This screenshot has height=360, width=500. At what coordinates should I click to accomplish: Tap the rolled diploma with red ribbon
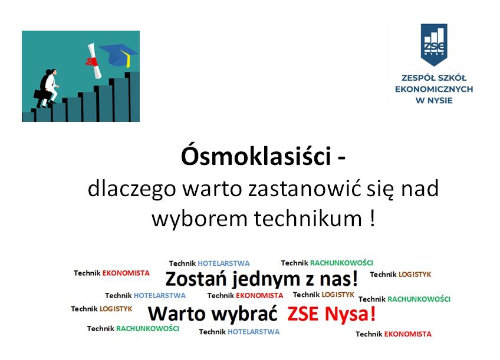tap(93, 61)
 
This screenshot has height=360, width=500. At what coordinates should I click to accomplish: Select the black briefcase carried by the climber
tap(42, 94)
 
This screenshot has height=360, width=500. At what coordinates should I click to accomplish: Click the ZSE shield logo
tap(434, 44)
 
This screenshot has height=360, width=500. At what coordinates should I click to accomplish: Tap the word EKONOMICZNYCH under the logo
tap(434, 89)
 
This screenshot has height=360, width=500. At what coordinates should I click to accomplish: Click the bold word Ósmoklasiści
tap(256, 156)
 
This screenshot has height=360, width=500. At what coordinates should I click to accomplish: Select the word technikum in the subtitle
tap(308, 219)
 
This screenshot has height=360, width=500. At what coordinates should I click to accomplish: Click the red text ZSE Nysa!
tap(331, 314)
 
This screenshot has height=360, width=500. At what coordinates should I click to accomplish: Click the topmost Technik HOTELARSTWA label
tap(209, 263)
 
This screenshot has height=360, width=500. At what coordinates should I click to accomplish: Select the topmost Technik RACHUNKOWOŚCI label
tap(327, 263)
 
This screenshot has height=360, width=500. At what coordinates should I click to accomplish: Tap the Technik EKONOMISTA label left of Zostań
tap(111, 273)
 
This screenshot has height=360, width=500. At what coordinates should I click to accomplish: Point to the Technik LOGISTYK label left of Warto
tap(101, 309)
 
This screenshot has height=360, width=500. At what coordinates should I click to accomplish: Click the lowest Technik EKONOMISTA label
tap(393, 334)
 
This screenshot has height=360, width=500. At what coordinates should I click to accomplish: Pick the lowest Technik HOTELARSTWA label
tap(239, 332)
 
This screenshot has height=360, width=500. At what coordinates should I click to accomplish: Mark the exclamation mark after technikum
tap(373, 218)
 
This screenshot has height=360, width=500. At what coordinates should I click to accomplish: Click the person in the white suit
tap(52, 86)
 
